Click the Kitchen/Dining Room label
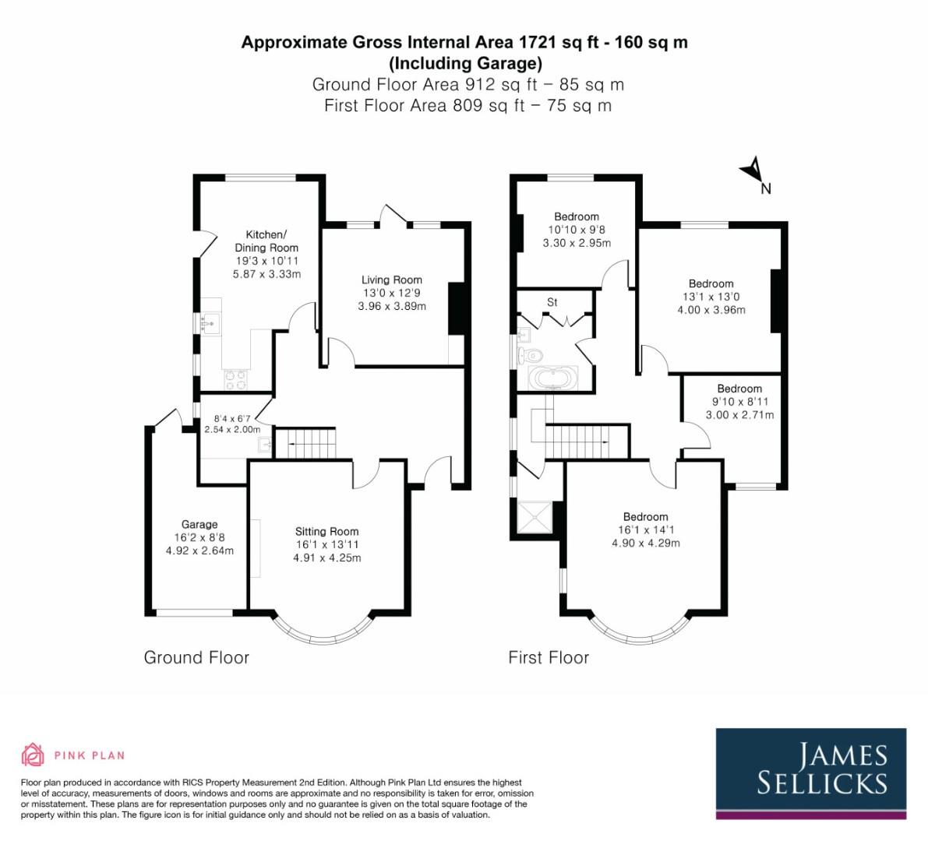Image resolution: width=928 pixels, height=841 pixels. (266, 241)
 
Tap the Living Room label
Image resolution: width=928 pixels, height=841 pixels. (391, 280)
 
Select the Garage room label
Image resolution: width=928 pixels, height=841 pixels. (199, 524)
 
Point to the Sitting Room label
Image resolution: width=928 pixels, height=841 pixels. (326, 531)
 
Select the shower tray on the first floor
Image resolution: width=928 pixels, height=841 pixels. (535, 517)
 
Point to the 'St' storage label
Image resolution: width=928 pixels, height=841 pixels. (552, 302)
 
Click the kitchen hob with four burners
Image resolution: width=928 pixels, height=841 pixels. (235, 379)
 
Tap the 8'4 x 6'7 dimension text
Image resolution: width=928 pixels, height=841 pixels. (231, 418)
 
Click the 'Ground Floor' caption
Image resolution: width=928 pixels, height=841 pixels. (196, 657)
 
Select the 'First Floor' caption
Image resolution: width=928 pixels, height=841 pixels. (549, 657)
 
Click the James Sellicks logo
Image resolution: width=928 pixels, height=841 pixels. (811, 772)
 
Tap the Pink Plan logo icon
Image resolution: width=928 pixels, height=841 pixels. (33, 755)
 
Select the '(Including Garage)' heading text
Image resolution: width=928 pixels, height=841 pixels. (464, 63)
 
